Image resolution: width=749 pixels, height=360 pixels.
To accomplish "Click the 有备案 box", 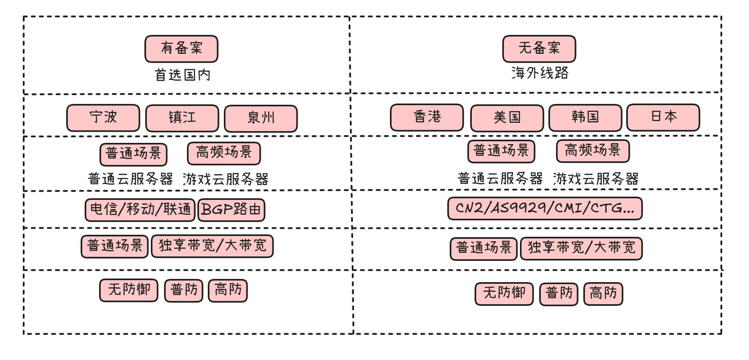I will tap(181, 49).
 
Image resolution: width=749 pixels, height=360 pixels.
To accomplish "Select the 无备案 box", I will tap(539, 49).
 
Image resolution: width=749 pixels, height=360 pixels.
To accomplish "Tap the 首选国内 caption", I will tap(183, 75).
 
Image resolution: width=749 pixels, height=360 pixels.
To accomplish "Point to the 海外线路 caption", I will tap(540, 73).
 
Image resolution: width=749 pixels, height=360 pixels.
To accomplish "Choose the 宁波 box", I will tap(103, 118).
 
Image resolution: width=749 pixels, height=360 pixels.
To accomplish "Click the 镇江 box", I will tap(182, 118).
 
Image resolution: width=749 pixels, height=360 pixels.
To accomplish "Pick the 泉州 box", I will tap(261, 118).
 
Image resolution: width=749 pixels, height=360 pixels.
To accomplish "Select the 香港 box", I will tap(427, 117).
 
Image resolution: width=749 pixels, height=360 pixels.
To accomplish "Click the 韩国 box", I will tap(585, 118).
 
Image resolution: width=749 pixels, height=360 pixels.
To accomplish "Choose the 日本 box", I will tap(663, 117).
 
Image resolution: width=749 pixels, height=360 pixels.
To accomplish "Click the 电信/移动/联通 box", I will tap(140, 209).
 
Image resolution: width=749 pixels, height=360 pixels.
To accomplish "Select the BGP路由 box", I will tap(231, 210).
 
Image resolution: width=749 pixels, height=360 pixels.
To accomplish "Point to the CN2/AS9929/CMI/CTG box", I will tap(545, 208).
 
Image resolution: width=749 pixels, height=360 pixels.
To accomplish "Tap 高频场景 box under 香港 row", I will tap(593, 151).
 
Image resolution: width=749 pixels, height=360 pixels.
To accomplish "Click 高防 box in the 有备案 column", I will tap(228, 290).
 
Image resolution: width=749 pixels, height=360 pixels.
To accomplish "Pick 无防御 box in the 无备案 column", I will tap(504, 293).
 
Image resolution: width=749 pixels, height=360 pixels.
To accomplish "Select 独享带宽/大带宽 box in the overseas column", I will tap(581, 248).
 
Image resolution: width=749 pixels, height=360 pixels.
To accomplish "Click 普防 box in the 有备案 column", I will tap(184, 290).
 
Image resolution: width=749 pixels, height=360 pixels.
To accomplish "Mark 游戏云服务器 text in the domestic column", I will tap(226, 179).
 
